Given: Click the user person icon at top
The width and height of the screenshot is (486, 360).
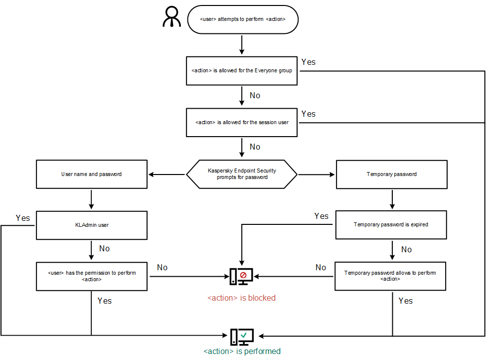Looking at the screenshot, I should [x=172, y=17].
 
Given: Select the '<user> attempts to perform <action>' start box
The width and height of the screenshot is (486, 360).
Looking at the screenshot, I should [x=242, y=19].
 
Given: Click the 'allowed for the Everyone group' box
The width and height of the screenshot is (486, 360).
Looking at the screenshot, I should [x=242, y=70].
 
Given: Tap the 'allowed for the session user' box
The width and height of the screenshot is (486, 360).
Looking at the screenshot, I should [x=242, y=122].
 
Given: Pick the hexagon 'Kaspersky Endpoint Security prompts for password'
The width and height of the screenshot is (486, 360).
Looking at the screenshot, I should [x=242, y=174].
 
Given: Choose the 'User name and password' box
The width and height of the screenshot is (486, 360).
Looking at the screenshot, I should [x=92, y=174].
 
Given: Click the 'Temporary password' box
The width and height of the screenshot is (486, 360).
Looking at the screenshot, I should [x=391, y=174].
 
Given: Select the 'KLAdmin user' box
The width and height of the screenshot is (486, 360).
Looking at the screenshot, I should [x=92, y=225].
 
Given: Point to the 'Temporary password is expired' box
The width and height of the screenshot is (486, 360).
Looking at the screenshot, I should [x=391, y=225].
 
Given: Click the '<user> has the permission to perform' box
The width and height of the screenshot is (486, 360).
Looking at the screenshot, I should [x=92, y=276].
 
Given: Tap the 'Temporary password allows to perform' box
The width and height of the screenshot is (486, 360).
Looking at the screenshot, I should [x=390, y=276].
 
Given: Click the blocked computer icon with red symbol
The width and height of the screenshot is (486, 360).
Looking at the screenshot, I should [x=242, y=276].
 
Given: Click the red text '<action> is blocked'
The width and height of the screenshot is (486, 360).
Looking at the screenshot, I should [x=241, y=298].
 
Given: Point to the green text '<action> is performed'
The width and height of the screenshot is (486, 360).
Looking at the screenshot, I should [x=242, y=352].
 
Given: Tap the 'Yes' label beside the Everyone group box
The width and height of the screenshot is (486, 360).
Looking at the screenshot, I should [x=309, y=62].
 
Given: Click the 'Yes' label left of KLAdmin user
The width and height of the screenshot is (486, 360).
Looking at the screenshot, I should [x=23, y=218].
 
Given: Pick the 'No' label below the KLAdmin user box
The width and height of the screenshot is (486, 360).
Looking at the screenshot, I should [x=104, y=249].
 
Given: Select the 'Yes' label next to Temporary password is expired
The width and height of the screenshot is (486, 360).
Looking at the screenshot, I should [x=322, y=216].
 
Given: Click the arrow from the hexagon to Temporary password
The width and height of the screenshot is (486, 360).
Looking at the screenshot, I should [x=317, y=175].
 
